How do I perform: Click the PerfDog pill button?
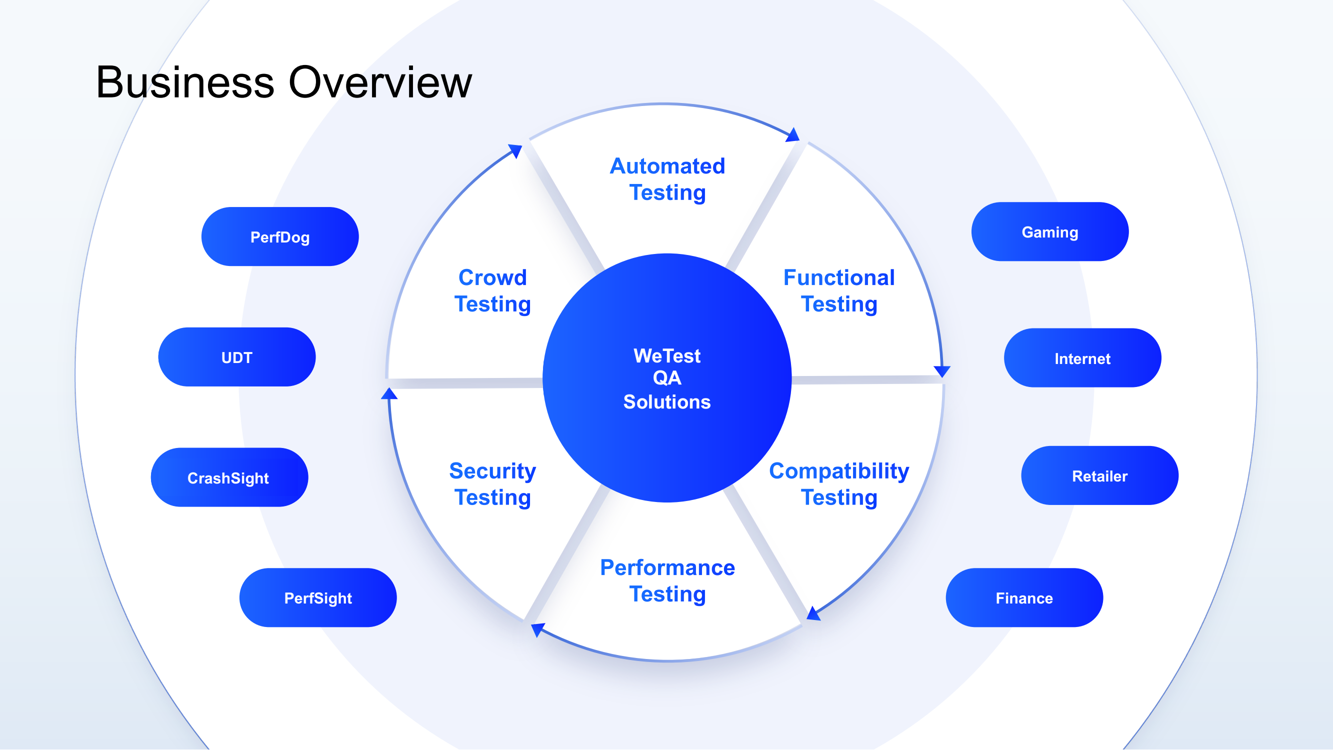279,237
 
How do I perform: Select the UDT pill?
236,357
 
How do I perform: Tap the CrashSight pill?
228,477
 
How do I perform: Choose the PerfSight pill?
317,598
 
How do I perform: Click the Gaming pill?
1049,232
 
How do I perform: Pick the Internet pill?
1082,358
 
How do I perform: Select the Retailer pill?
1099,475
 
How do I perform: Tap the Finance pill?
1023,598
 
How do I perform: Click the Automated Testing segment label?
667,179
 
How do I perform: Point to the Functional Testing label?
839,290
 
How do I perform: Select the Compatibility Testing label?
839,484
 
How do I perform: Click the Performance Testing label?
667,580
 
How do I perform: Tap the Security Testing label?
492,484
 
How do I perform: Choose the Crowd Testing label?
492,290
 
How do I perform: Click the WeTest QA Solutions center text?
666,378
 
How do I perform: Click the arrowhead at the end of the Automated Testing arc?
793,135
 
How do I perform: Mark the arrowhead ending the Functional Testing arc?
942,370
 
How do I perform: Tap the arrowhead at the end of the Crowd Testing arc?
515,150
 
